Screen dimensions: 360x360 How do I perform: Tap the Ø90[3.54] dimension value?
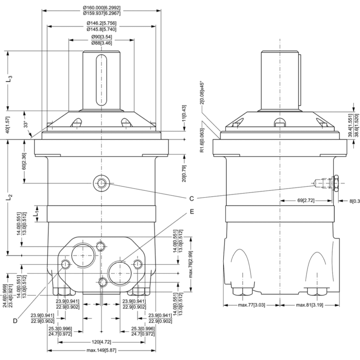tap(101, 37)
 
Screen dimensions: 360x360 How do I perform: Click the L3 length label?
tap(10, 79)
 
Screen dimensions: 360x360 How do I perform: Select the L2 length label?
tap(10, 197)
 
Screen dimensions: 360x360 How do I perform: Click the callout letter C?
tap(192, 198)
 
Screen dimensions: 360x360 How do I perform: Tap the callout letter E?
tap(192, 212)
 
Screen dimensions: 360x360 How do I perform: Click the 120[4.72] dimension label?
tap(102, 341)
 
